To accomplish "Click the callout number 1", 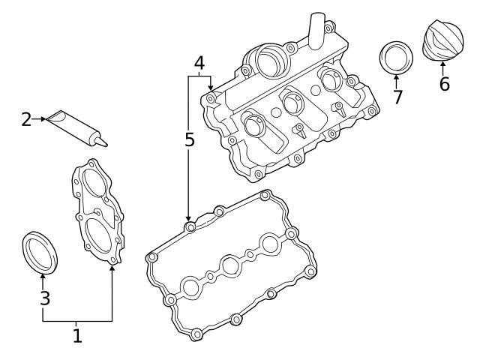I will click(77, 335).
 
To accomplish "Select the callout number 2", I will click(26, 118).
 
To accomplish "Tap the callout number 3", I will click(45, 298).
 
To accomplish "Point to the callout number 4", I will click(199, 64).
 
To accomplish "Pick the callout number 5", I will click(190, 139).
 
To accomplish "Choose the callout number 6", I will click(444, 83).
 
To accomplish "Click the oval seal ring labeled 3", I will click(40, 251).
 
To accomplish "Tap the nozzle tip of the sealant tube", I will click(105, 142).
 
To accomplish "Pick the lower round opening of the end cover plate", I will click(100, 232).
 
